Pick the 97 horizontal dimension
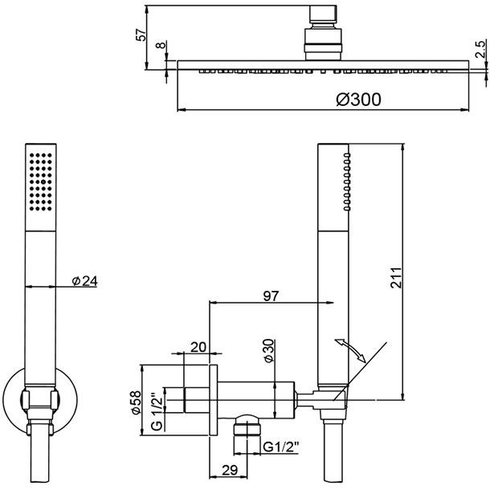tap(270, 296)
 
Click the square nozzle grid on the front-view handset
tap(41, 180)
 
